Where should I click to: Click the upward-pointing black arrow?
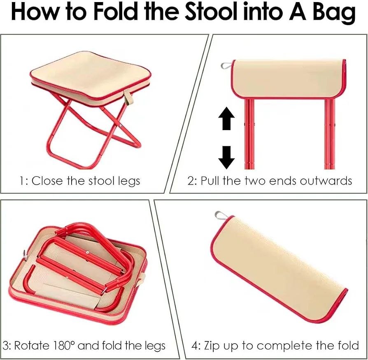[226, 118]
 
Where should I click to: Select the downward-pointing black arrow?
[226, 157]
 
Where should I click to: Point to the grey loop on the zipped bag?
[219, 215]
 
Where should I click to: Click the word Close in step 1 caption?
[47, 181]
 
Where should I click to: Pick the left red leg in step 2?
[249, 133]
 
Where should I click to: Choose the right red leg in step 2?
[329, 133]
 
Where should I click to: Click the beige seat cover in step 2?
[289, 79]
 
